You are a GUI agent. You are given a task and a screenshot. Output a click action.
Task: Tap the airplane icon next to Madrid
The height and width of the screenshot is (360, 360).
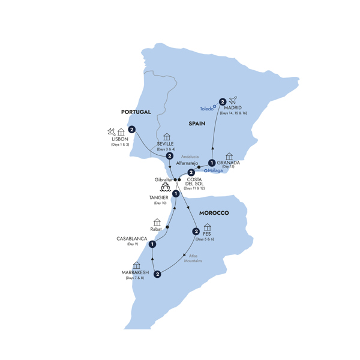pos(233,100)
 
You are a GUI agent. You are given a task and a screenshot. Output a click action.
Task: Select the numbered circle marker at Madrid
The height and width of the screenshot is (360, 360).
pos(223,101)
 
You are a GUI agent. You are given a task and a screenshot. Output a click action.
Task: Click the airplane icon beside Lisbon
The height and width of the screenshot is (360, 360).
pos(112,131)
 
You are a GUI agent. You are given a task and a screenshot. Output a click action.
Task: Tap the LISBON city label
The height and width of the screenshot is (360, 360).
pos(119,139)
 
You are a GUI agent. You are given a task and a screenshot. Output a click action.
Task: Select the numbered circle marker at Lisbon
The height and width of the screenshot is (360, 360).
pos(131,130)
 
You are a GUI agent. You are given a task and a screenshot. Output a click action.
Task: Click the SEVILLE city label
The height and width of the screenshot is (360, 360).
pos(165,144)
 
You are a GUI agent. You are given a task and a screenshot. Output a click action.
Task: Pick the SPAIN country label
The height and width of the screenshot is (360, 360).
pos(197,124)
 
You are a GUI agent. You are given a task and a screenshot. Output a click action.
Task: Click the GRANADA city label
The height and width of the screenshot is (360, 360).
pos(229,163)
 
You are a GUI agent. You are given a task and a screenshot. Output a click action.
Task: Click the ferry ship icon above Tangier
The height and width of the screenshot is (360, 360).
pos(164,188)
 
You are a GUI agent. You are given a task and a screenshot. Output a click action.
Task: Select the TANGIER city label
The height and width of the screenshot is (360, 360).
pos(159,197)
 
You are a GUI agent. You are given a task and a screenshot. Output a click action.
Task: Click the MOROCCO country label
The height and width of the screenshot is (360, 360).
pos(214,213)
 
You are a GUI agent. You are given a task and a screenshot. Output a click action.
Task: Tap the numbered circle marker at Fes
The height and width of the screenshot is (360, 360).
pos(196,232)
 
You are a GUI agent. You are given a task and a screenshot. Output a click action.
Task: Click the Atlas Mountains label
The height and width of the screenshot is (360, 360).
pos(193,258)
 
